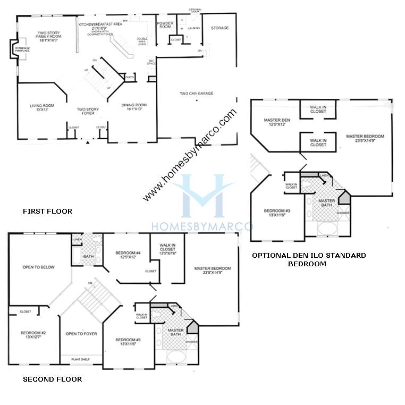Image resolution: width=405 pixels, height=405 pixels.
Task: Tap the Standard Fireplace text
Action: click(x=22, y=51)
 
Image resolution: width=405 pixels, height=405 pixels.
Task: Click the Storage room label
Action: click(x=220, y=28)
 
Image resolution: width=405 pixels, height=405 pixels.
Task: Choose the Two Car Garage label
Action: click(x=196, y=94)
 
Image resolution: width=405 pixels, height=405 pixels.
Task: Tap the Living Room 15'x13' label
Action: click(x=42, y=108)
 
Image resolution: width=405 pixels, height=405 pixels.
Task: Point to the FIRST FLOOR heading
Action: click(x=47, y=212)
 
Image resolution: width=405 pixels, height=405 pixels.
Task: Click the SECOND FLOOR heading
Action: click(x=53, y=379)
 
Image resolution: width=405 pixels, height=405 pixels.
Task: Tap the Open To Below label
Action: click(x=38, y=267)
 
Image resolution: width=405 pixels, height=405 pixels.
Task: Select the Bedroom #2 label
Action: click(x=33, y=335)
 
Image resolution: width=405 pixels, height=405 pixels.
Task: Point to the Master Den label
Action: click(x=276, y=122)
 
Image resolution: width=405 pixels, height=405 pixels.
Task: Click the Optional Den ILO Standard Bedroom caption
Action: click(x=309, y=259)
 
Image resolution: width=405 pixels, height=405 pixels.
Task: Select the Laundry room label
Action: click(x=193, y=28)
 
